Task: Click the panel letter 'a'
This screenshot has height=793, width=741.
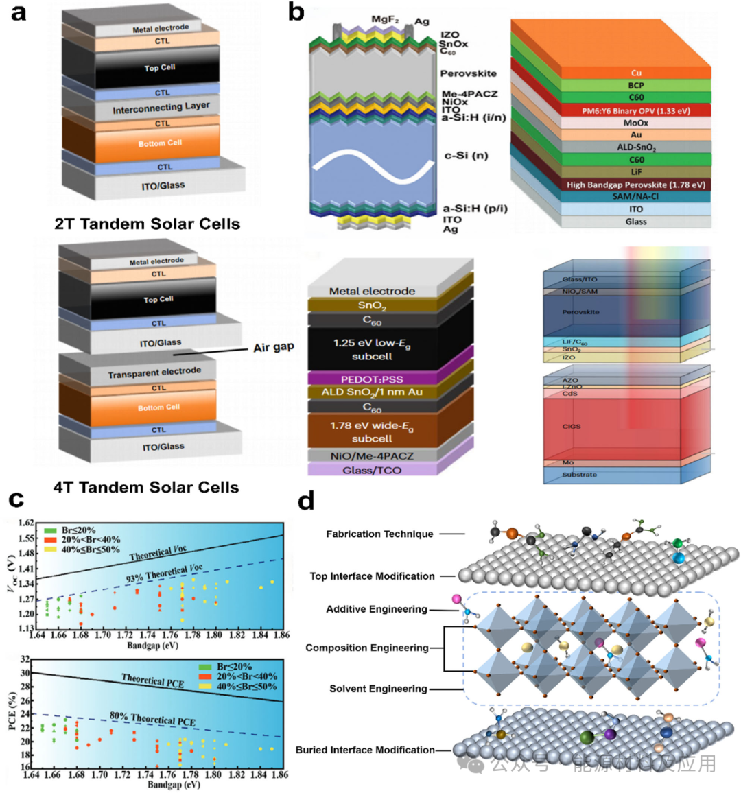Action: tap(19, 13)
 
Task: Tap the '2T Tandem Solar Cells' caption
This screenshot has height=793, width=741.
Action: tap(148, 224)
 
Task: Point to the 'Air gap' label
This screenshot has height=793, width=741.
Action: tap(274, 347)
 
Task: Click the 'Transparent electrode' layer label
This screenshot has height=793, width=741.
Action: tap(154, 372)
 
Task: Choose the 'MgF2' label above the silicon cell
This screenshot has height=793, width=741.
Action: tap(385, 19)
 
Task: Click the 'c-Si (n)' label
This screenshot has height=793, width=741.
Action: tap(466, 156)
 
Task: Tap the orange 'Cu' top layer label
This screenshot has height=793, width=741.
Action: tap(636, 73)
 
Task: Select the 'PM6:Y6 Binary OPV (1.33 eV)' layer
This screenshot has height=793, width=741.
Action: tap(636, 110)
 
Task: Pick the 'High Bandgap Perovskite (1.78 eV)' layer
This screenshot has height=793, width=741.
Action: tap(635, 185)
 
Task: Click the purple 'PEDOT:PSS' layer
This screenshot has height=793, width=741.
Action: tap(372, 379)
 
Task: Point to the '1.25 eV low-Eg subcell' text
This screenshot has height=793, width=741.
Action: tap(372, 349)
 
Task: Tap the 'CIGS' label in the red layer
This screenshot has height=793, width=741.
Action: tap(572, 427)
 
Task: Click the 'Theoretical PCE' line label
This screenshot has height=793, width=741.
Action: tap(152, 680)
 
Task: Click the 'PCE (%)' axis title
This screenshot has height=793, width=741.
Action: tap(12, 713)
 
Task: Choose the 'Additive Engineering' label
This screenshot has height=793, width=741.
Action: tap(377, 609)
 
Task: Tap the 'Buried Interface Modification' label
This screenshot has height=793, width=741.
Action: tap(365, 750)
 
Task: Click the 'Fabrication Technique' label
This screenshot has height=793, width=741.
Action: tap(379, 534)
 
